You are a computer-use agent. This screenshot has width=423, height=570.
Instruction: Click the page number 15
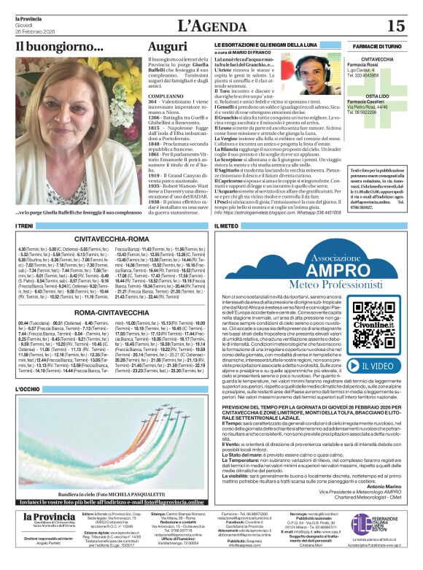point(395,26)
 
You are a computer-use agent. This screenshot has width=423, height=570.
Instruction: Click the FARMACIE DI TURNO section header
point(377,46)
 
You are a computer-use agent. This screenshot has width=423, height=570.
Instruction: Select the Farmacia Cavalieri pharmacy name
point(377,101)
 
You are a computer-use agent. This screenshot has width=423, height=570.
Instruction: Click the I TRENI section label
point(26,226)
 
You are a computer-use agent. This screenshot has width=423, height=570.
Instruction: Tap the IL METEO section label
point(227,226)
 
